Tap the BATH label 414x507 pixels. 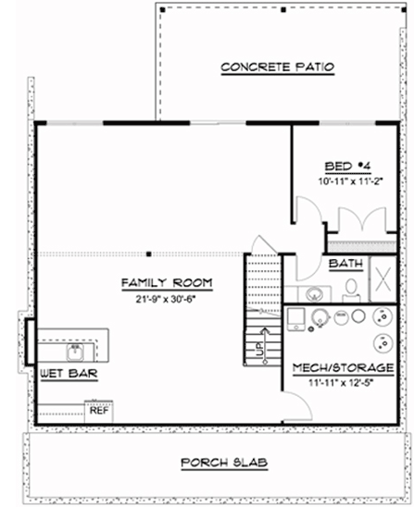pos(345,264)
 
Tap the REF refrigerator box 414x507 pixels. pos(99,408)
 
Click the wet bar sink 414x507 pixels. pos(74,352)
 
